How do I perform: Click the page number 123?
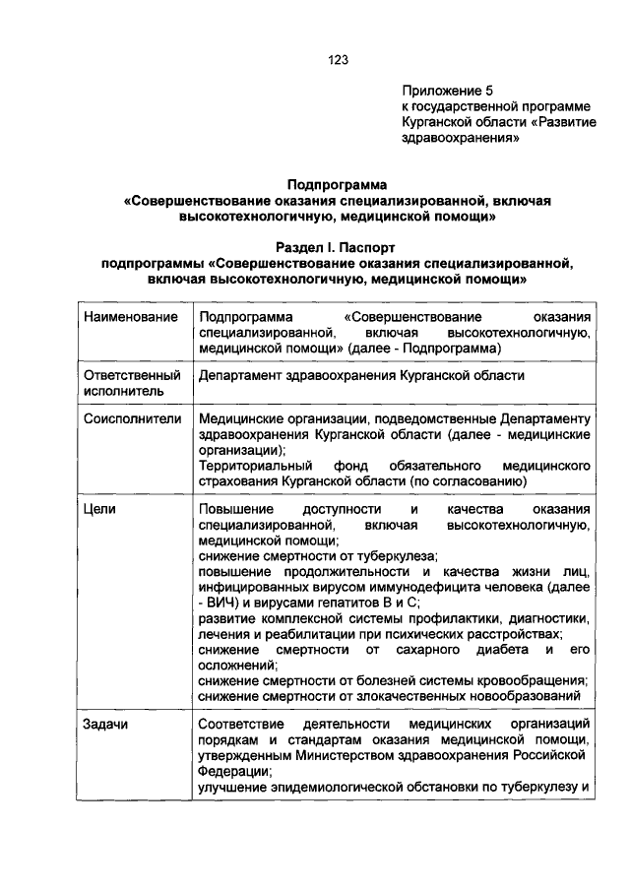tap(339, 59)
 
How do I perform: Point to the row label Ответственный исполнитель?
tap(132, 383)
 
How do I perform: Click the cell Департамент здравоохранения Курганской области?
tap(361, 375)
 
